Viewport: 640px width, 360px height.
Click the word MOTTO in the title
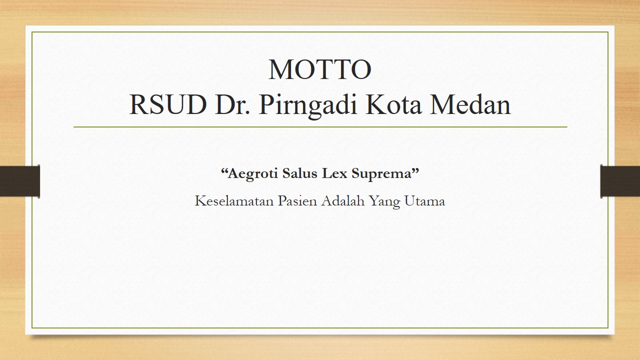(320, 69)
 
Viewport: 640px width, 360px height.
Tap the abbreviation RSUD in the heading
(168, 105)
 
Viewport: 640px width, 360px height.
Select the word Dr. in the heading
(233, 105)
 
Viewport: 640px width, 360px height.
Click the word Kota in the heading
(393, 105)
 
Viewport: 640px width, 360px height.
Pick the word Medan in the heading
(470, 104)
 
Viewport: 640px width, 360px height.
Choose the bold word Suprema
(381, 173)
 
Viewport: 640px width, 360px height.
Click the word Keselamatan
(234, 201)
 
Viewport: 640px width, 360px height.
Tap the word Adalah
(343, 201)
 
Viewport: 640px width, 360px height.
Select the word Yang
(384, 202)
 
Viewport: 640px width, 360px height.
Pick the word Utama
(425, 201)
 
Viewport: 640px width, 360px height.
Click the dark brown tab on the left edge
(19, 181)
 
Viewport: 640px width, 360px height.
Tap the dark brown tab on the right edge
(620, 181)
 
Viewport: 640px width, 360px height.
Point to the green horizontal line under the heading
(320, 127)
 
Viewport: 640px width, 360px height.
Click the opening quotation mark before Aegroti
(224, 170)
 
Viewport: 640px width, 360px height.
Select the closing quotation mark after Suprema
(415, 170)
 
